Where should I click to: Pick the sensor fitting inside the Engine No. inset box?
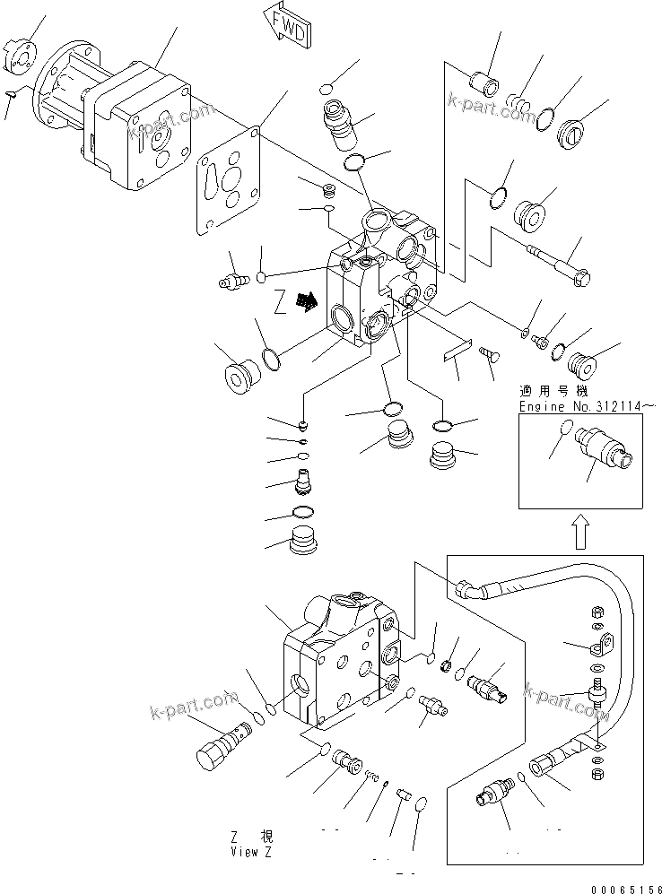(607, 446)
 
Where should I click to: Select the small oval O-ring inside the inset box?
(562, 430)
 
